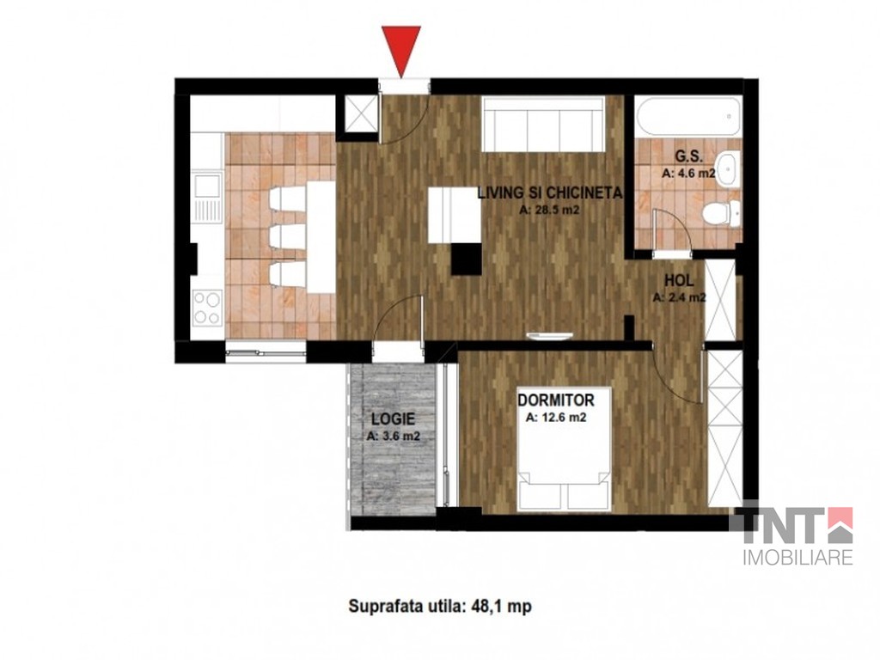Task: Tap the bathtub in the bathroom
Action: coord(688,117)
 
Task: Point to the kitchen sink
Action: coord(207,199)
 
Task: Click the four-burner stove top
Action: coord(206,309)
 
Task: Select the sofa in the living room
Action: coord(543,124)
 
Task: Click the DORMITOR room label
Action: coord(556,400)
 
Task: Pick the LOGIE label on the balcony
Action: coord(394,419)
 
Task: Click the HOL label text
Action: coord(679,280)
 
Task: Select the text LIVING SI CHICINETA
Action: coord(549,193)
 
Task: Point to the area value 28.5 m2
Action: coord(549,211)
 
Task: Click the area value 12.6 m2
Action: coord(556,418)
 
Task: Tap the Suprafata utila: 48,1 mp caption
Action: coord(439,607)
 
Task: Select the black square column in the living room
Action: coord(467,260)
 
